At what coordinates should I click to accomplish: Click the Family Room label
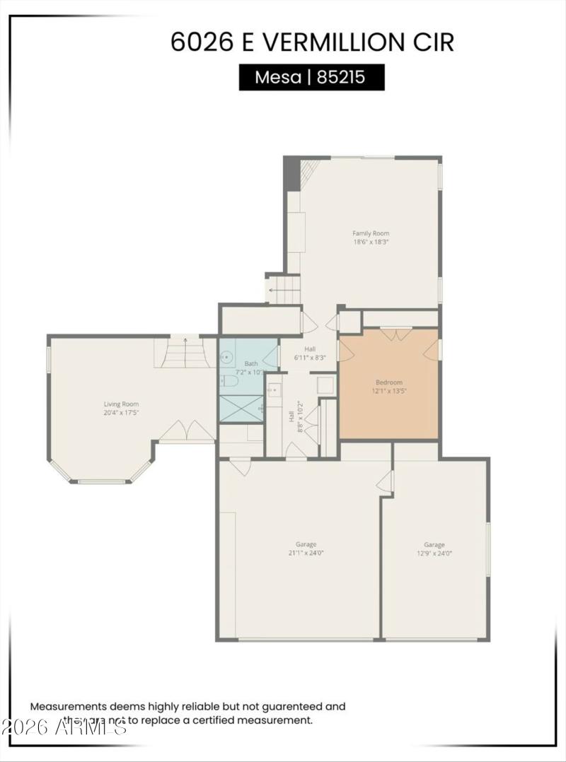[371, 233]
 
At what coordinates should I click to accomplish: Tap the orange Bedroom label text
[388, 382]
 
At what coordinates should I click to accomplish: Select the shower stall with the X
[241, 409]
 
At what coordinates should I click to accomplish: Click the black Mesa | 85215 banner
[311, 77]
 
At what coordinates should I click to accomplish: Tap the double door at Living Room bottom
[186, 432]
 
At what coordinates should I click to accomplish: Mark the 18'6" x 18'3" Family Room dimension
[371, 242]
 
